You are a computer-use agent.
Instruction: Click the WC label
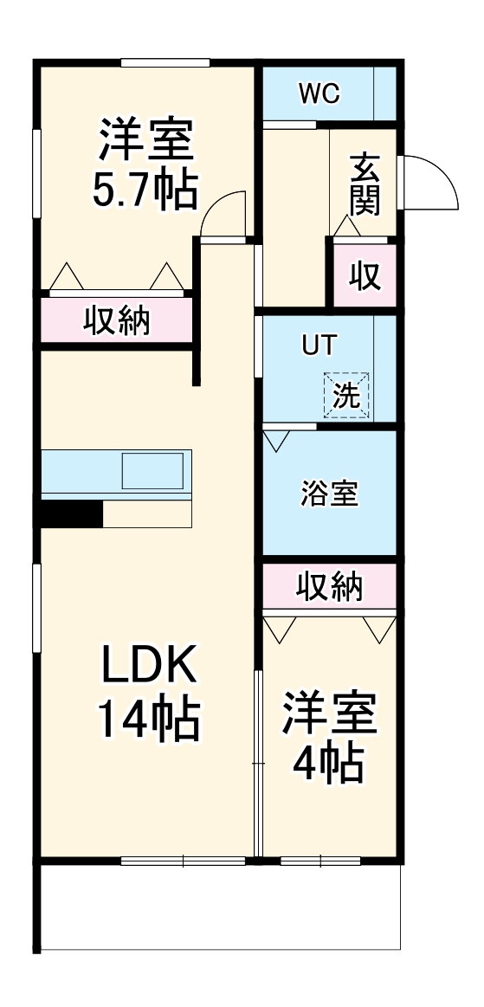click(319, 92)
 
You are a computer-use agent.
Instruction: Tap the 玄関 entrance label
click(365, 183)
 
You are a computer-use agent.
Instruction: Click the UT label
click(316, 345)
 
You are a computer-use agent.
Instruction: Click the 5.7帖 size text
click(145, 190)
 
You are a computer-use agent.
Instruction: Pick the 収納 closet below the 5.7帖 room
click(116, 320)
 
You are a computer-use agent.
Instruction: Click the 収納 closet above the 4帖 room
click(329, 587)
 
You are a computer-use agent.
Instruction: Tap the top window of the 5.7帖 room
click(165, 62)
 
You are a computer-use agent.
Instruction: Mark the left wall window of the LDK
click(36, 607)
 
